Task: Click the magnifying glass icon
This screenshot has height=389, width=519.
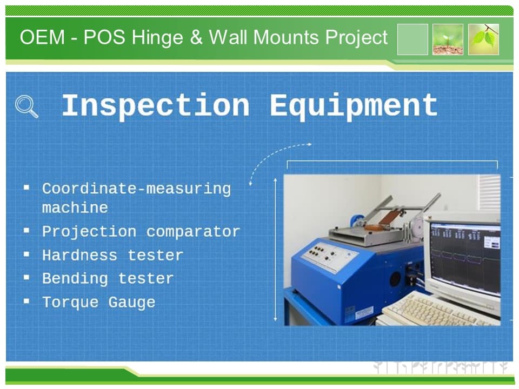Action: [26, 106]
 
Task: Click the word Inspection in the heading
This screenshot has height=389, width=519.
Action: [156, 106]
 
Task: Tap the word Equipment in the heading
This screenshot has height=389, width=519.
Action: [354, 106]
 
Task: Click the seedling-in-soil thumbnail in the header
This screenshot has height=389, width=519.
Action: [448, 39]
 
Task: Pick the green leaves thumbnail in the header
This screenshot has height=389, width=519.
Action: [483, 39]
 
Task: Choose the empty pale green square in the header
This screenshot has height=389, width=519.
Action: [412, 39]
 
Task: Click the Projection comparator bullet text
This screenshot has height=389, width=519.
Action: [141, 232]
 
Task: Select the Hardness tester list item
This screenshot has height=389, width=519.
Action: [112, 255]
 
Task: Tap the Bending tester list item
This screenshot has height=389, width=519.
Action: [108, 279]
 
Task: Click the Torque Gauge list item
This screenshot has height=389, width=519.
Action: [98, 303]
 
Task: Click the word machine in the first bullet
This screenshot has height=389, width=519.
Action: [75, 207]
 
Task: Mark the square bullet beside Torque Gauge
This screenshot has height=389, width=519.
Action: [26, 301]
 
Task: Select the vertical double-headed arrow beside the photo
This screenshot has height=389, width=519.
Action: [275, 250]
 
